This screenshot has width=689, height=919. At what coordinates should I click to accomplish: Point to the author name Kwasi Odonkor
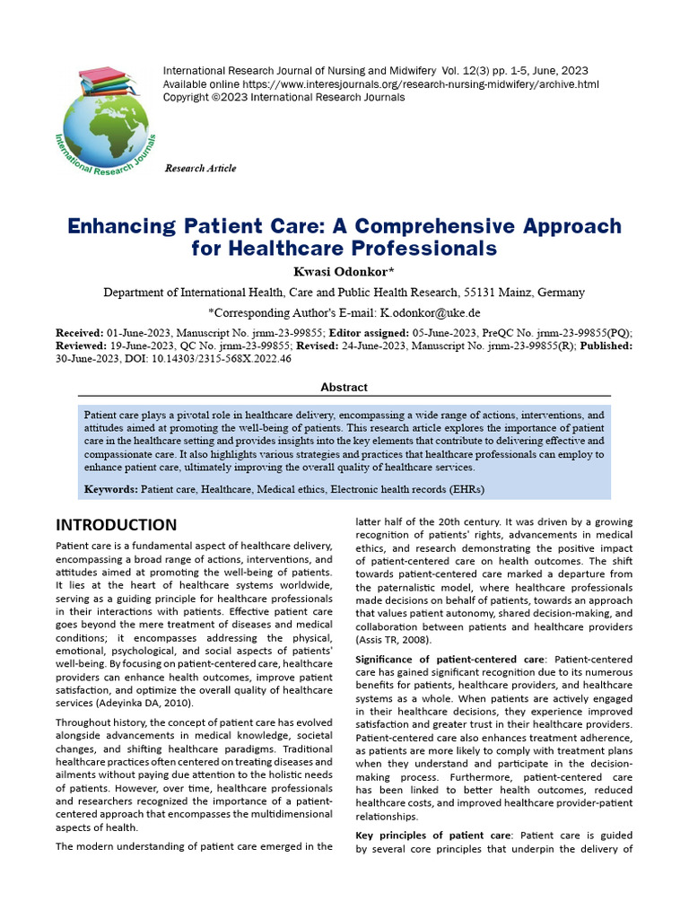pos(344,271)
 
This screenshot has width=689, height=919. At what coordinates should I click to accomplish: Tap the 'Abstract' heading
pos(344,387)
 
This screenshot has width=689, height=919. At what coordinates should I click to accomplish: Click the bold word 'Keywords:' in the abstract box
pos(111,489)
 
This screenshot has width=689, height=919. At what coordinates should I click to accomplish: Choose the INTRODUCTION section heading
pos(116,525)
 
